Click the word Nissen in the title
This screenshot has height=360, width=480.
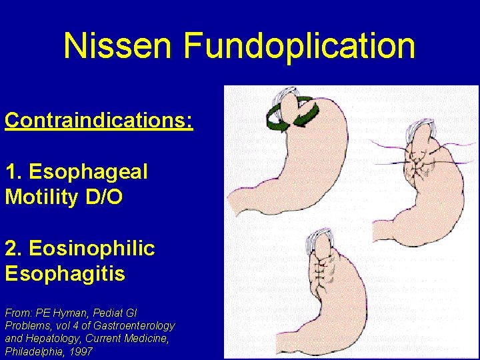(118, 46)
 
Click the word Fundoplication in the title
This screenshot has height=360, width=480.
(299, 46)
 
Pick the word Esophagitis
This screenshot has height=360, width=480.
(65, 274)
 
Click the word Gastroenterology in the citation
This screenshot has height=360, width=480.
(133, 325)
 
